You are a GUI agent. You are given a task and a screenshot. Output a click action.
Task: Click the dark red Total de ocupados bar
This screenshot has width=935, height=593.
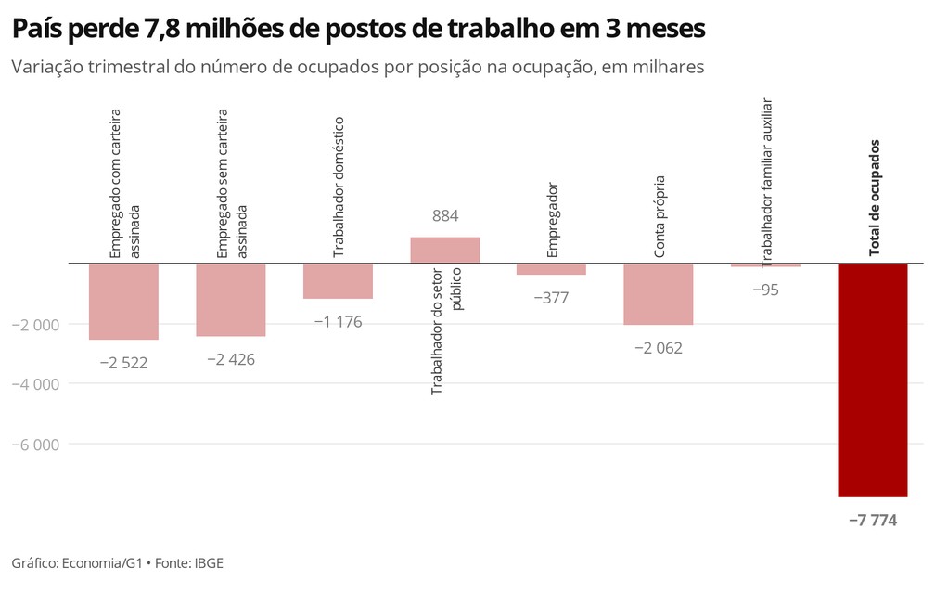872,380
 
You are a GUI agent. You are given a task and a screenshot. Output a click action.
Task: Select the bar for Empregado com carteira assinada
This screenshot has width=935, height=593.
123,301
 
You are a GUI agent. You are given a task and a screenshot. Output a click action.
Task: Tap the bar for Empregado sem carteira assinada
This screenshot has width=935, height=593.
231,299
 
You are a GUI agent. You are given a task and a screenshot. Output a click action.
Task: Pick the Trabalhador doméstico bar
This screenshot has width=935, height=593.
338,280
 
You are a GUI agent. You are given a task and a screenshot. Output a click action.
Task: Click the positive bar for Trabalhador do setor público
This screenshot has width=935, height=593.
445,250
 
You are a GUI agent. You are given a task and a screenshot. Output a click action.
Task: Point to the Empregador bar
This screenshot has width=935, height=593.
551,269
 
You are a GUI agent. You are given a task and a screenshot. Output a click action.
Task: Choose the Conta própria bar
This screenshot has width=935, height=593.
659,293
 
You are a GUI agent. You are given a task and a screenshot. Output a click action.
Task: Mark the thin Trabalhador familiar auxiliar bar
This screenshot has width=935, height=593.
765,265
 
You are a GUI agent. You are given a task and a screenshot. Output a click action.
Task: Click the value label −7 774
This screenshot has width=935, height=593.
872,521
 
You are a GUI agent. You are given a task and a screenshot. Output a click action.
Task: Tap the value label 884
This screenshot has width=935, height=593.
445,216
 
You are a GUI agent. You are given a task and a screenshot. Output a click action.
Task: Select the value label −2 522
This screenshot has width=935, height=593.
123,362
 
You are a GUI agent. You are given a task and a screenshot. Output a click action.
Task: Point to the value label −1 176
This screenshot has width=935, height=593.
338,322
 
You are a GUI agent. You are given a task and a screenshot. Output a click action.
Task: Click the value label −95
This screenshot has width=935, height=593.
765,290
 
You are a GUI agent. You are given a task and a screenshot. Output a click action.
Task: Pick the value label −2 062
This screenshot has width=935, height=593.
659,348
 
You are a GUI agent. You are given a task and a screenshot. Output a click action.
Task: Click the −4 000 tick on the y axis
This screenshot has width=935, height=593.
35,384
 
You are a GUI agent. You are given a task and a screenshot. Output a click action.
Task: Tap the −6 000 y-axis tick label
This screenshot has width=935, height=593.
35,445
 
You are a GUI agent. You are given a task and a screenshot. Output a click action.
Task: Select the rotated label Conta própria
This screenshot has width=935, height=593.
660,223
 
